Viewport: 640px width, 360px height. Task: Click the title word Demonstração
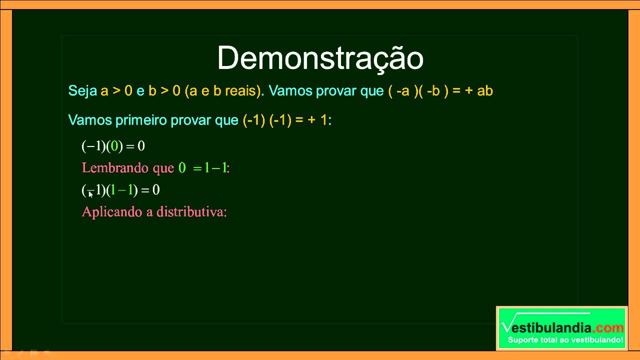click(320, 58)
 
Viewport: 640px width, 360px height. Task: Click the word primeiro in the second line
click(141, 120)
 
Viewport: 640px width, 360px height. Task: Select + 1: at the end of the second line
click(319, 120)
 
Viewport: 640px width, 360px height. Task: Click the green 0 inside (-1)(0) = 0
click(114, 146)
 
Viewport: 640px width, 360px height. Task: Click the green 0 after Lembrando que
click(182, 168)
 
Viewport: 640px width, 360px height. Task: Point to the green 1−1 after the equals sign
click(215, 168)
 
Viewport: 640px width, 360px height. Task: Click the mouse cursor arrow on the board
click(90, 194)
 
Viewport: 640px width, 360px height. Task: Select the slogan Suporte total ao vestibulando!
click(565, 340)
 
